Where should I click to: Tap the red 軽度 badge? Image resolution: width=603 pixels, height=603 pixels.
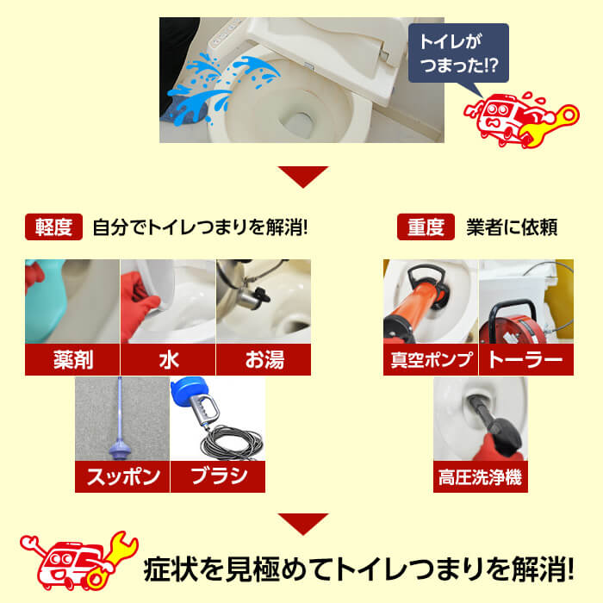[54, 227]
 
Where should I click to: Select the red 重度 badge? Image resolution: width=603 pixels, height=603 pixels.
[426, 227]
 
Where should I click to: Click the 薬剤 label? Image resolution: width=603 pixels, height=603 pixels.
[71, 360]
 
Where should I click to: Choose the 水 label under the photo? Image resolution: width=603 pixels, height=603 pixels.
[168, 360]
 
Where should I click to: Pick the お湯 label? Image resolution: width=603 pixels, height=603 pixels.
[263, 360]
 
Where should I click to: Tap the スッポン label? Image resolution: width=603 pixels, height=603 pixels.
[121, 476]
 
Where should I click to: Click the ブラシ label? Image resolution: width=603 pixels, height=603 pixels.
[217, 476]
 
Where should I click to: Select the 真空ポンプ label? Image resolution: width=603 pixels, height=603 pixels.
[430, 360]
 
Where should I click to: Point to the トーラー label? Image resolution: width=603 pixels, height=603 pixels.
[525, 360]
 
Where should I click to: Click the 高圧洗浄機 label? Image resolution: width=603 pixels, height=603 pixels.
[480, 476]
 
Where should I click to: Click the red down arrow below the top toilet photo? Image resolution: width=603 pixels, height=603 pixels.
[302, 177]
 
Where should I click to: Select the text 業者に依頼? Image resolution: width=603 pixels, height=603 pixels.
[512, 227]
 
